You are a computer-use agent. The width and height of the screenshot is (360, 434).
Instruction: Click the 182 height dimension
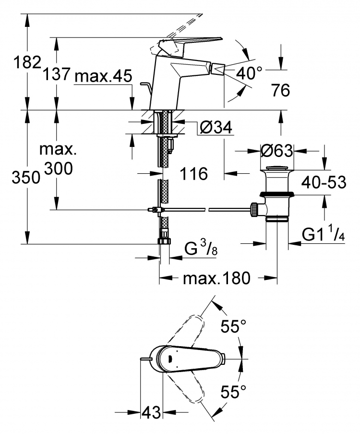click(x=27, y=62)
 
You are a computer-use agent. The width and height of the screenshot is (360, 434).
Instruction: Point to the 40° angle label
click(x=249, y=73)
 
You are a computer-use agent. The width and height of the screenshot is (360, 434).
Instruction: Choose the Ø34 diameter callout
click(x=216, y=128)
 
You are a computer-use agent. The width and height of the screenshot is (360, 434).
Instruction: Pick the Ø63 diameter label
click(x=276, y=151)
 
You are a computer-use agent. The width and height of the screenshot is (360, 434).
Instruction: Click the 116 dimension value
click(x=194, y=174)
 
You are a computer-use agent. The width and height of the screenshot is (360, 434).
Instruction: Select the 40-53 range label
click(x=324, y=182)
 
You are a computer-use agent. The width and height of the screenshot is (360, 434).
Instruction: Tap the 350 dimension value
click(x=26, y=178)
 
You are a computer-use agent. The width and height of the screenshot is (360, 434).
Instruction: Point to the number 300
click(x=59, y=168)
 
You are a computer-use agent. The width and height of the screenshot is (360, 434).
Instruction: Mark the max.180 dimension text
click(x=216, y=278)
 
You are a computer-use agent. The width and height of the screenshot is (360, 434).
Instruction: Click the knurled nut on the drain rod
click(x=254, y=209)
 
